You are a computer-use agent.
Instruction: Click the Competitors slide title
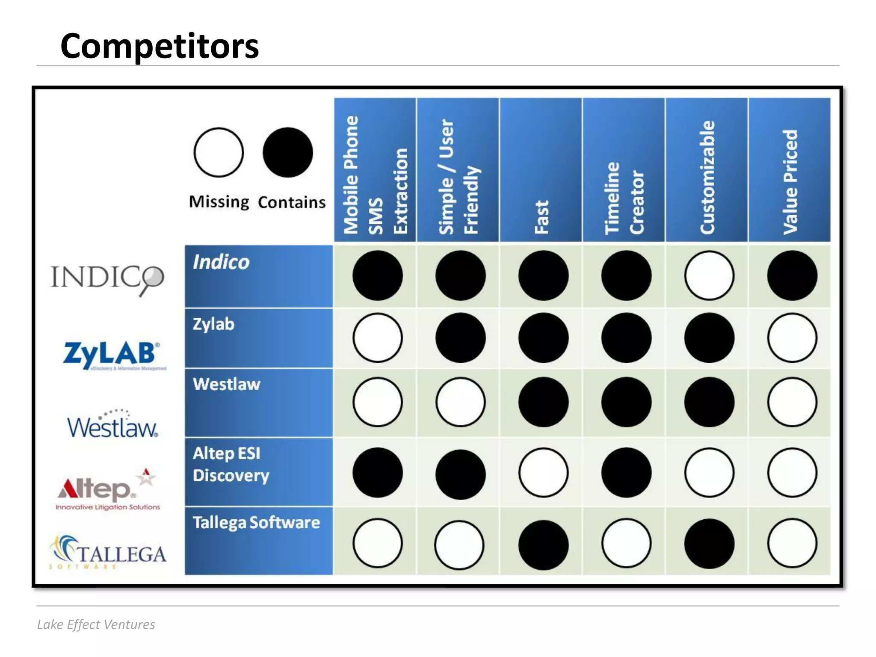tap(159, 46)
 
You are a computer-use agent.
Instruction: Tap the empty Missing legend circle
tap(219, 152)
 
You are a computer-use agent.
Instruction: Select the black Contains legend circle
tap(287, 152)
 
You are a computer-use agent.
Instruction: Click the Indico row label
tap(221, 262)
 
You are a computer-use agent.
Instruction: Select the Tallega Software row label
tap(256, 523)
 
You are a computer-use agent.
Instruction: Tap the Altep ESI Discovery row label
tap(231, 465)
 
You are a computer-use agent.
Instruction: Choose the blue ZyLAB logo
tap(112, 355)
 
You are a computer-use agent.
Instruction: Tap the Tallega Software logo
tap(108, 552)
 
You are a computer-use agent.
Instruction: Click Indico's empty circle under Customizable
tap(709, 275)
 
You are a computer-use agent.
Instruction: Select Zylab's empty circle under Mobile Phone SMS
tap(377, 338)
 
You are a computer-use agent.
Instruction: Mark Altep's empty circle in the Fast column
tap(543, 473)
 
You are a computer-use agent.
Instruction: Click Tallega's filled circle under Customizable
tap(709, 544)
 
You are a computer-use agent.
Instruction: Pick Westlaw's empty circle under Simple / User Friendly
tap(460, 402)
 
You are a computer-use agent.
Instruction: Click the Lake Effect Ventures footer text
tap(96, 624)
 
